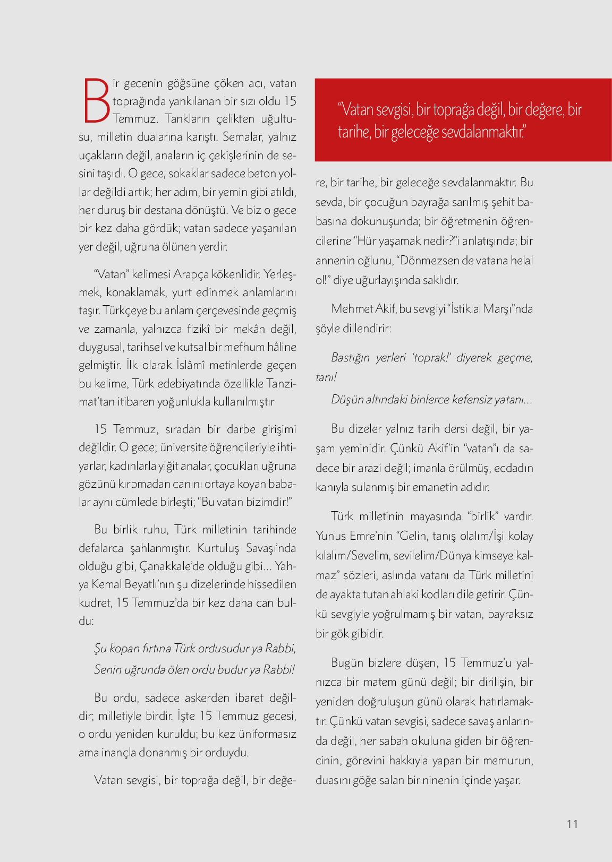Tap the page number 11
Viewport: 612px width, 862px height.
[x=572, y=824]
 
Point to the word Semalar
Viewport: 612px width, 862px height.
[x=243, y=137]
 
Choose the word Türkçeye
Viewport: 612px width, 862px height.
[x=123, y=310]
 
